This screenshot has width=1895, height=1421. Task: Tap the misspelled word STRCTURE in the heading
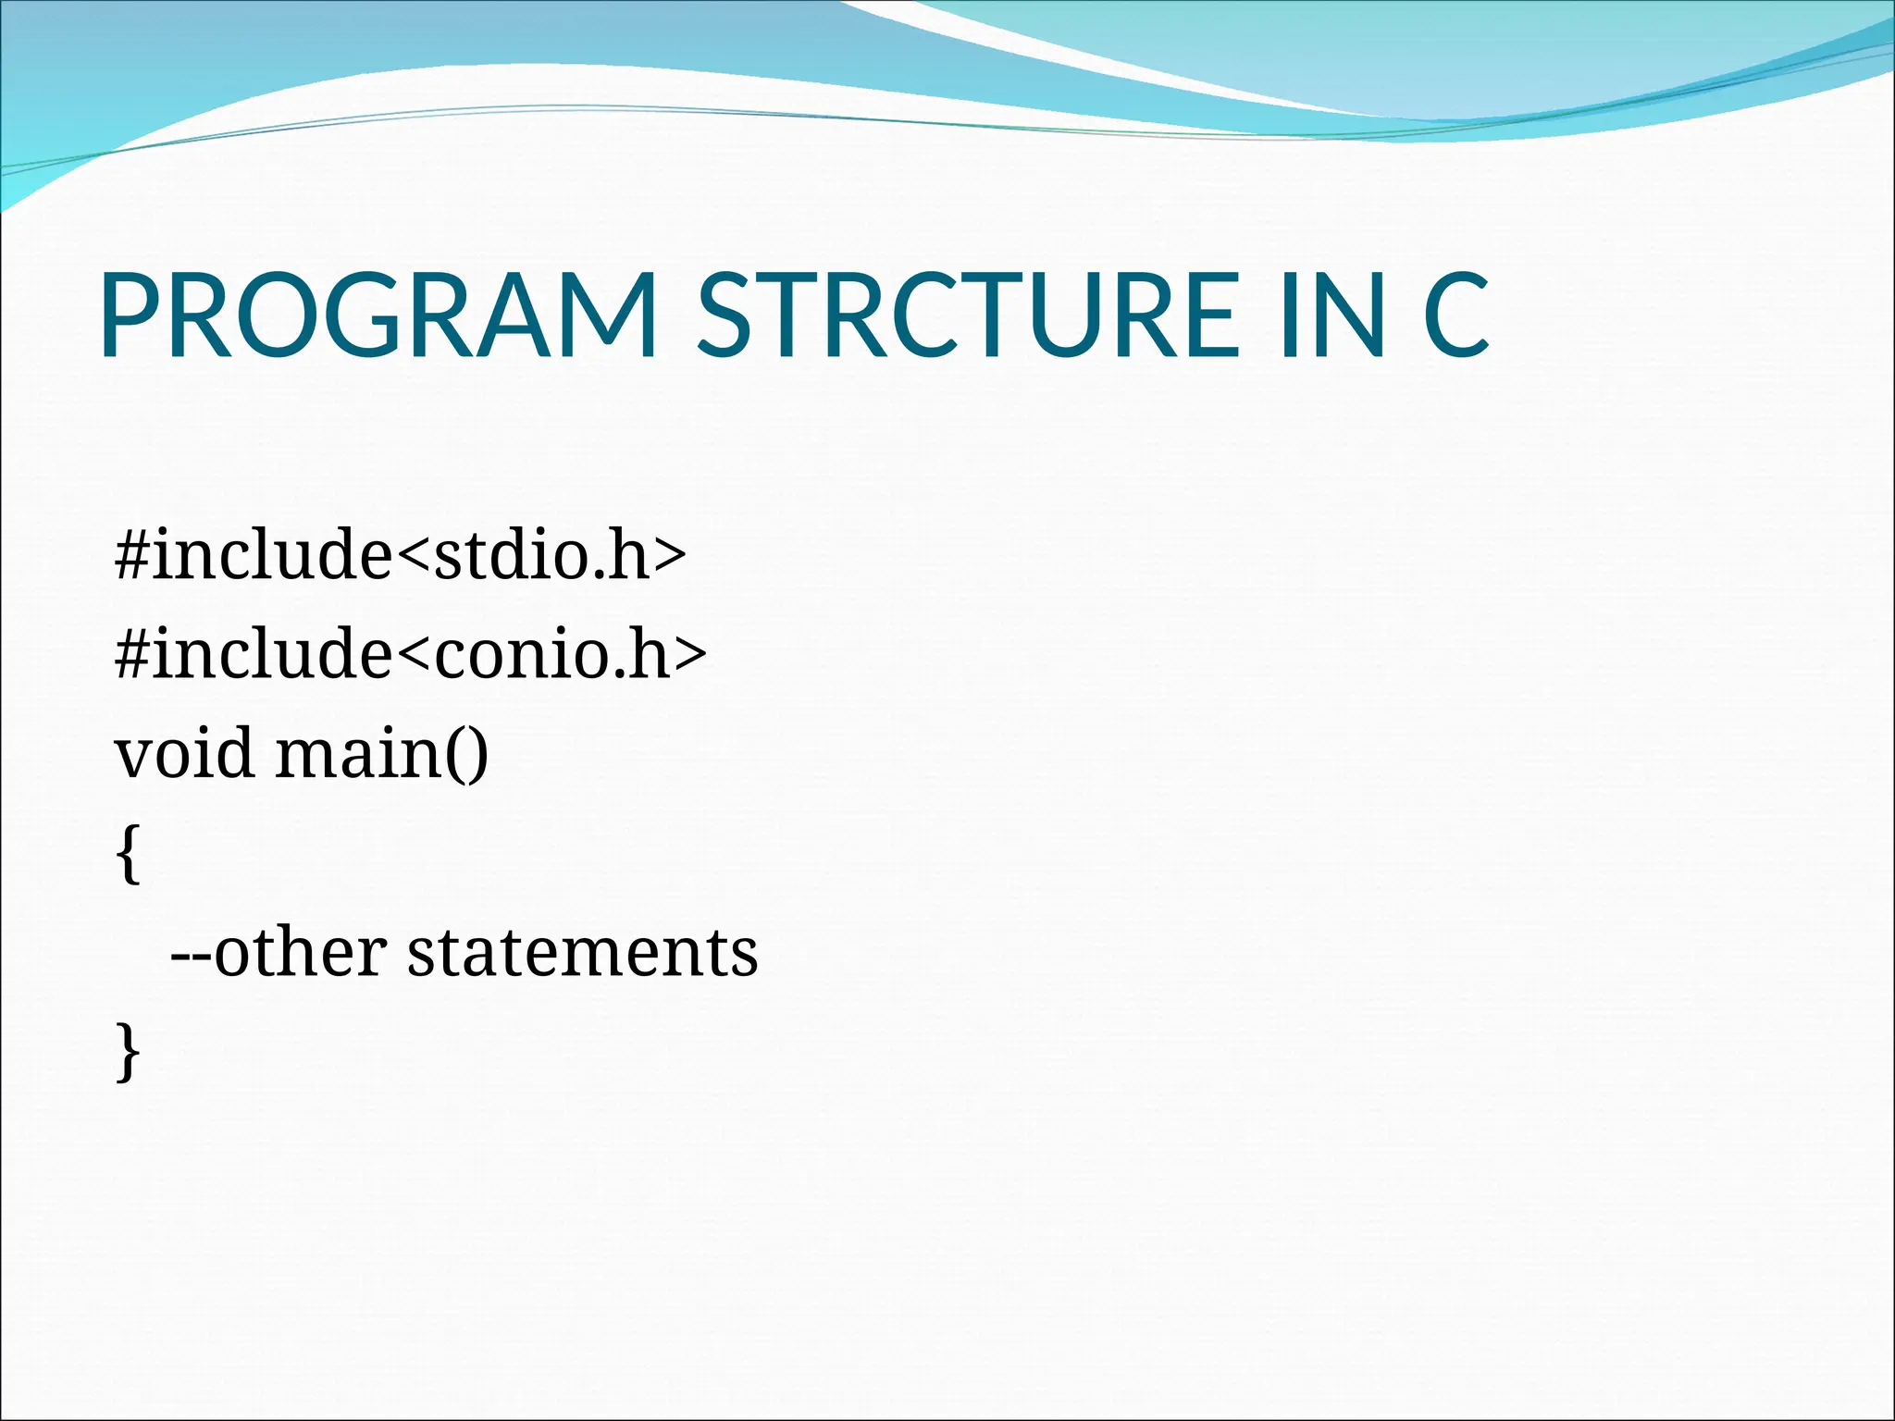click(967, 315)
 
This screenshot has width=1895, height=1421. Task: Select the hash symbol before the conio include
click(131, 654)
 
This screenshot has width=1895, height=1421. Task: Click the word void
click(183, 753)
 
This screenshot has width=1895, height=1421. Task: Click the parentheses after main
click(468, 755)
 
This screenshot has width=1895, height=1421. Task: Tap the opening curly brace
click(129, 855)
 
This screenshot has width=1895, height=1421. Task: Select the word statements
click(582, 953)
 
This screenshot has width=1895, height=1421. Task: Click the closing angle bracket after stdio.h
click(670, 557)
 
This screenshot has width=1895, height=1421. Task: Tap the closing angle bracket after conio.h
click(689, 656)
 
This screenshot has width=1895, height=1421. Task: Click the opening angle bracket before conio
click(413, 656)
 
